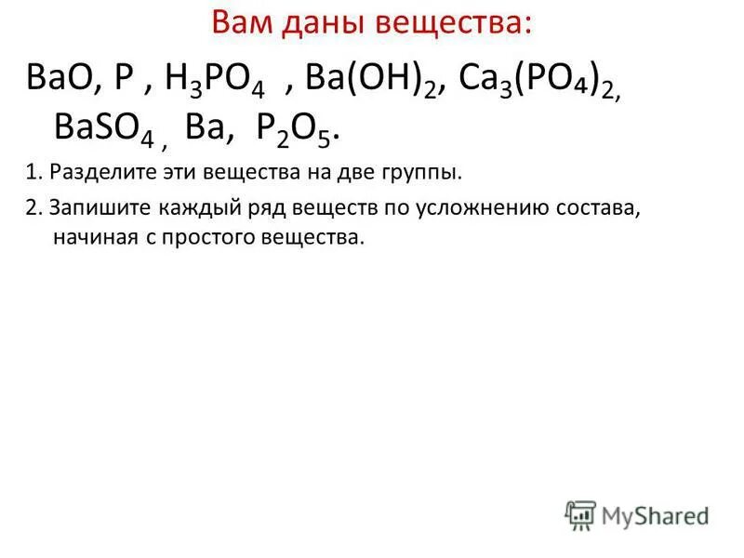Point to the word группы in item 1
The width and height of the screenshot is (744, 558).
427,172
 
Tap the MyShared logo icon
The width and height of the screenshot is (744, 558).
580,513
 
